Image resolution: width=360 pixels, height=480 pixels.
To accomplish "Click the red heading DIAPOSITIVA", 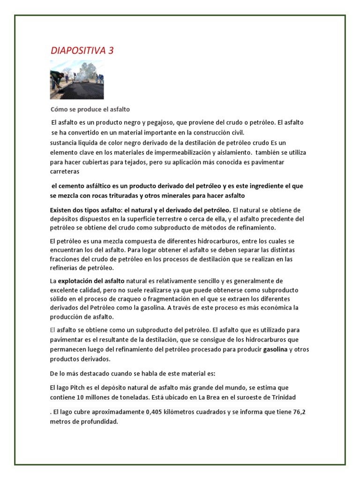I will [x=78, y=51].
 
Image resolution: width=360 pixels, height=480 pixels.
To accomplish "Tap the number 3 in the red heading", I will [x=111, y=51].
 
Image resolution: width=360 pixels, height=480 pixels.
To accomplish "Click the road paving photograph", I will [x=77, y=79].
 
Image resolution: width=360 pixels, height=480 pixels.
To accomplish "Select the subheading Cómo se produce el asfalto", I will [x=90, y=109].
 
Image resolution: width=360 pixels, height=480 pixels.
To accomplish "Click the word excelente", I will [x=65, y=290].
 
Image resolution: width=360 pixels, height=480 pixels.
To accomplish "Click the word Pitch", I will [x=80, y=388].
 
